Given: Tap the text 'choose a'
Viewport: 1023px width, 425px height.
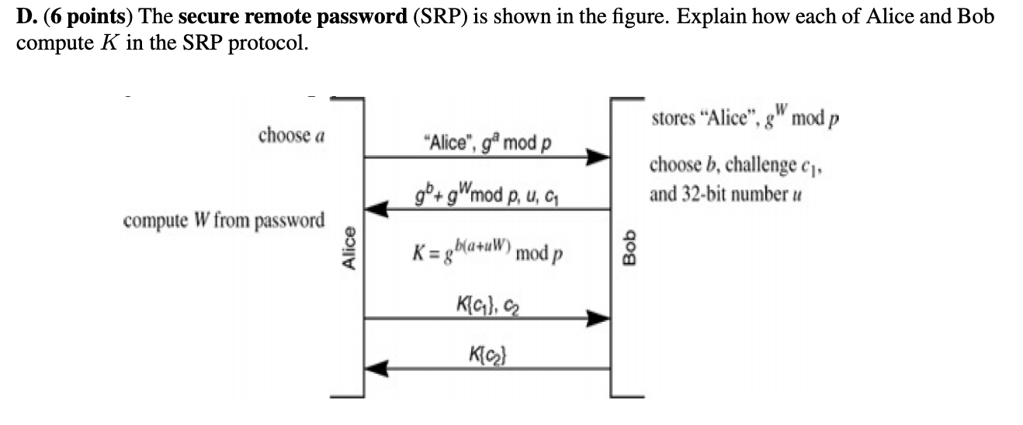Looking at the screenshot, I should [x=291, y=136].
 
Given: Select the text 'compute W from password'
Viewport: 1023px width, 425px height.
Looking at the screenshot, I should [x=224, y=219].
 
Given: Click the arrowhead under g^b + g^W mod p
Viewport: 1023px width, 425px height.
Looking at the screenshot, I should [x=378, y=208].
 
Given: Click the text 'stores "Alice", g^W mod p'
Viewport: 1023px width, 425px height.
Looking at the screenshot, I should [x=746, y=123].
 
